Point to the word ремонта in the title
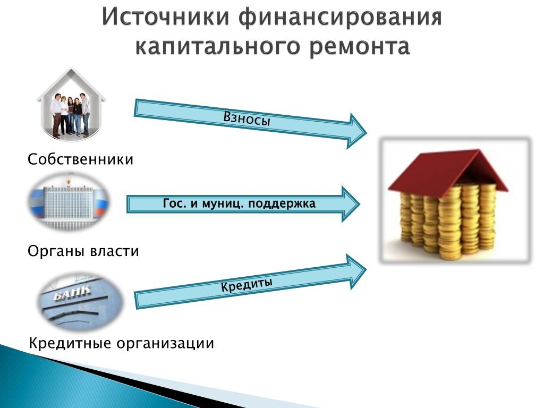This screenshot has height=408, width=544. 360,47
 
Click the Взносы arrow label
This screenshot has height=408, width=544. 246,118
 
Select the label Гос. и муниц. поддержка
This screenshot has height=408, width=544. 239,203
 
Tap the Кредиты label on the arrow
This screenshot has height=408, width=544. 246,285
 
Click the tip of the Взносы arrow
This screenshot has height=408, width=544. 367,132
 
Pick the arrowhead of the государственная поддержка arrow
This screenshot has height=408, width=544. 360,204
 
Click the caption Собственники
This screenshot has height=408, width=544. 81,159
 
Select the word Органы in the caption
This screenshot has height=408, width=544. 57,251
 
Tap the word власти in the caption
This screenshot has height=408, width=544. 115,251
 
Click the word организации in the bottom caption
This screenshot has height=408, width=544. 165,344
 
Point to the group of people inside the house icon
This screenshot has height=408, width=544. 71,115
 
